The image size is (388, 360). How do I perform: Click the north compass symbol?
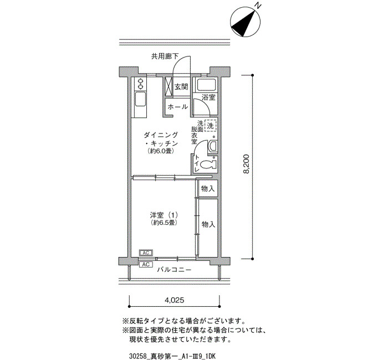point(246,22)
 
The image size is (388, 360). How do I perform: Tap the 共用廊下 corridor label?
point(165,56)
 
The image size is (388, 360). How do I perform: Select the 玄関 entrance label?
point(181,87)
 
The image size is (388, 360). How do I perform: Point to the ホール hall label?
point(178,107)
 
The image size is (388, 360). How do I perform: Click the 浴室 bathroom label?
point(208,97)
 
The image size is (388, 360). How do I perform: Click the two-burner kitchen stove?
point(141,84)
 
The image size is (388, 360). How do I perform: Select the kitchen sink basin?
point(140,100)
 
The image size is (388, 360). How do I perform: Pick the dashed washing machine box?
point(210,126)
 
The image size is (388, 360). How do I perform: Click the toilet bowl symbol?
point(208,164)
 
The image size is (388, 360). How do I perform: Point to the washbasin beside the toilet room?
point(213,147)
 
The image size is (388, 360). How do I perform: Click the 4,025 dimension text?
point(175,300)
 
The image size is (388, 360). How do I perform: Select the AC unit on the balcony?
point(146,265)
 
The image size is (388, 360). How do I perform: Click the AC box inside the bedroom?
point(146,253)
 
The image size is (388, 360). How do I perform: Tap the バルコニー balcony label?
point(175,270)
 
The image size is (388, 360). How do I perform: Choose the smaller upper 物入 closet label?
point(208,189)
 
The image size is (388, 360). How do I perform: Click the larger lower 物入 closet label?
point(208,224)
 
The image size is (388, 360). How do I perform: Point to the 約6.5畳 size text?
point(164,223)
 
